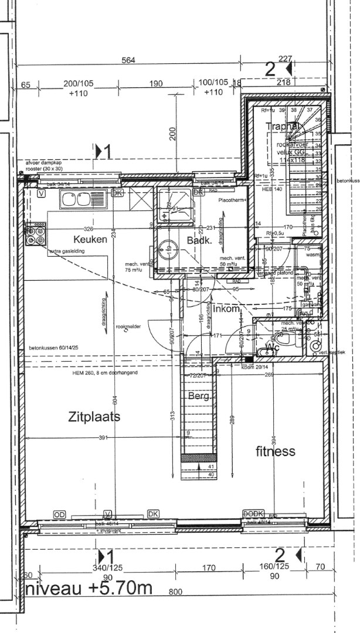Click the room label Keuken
click(90, 239)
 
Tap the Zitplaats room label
click(94, 417)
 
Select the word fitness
click(276, 451)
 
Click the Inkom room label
click(226, 308)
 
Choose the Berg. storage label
click(199, 397)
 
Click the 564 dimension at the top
click(130, 60)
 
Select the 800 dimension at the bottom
click(176, 592)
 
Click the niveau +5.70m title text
click(88, 588)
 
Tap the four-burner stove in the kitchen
click(35, 235)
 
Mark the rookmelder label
click(128, 326)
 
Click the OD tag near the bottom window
click(60, 514)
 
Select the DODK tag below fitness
click(253, 513)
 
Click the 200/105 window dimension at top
click(79, 84)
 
